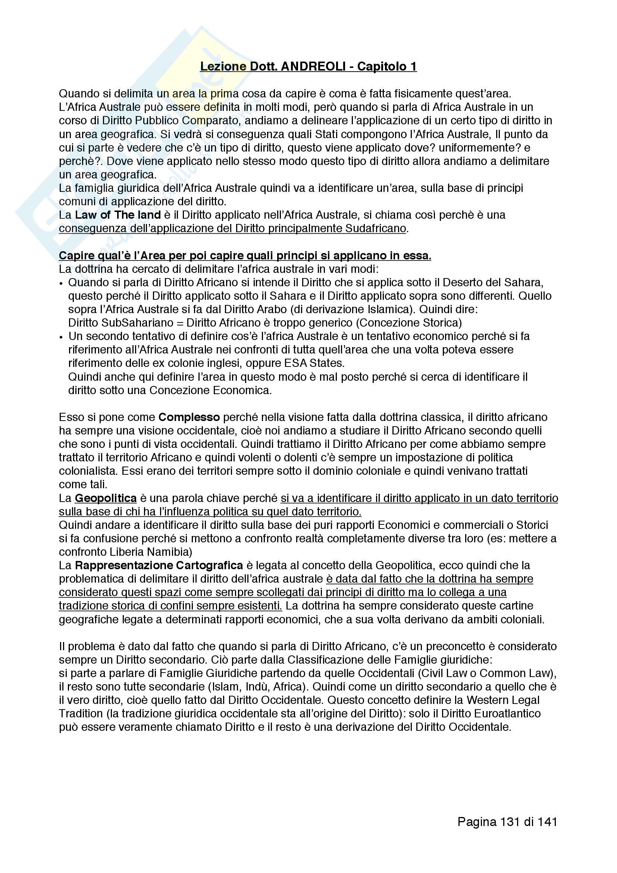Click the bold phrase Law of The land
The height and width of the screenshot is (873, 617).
point(118,215)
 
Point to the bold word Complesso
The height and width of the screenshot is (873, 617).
point(189,418)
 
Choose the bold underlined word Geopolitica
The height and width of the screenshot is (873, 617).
point(106,499)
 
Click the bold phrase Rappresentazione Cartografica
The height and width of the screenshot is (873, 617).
point(159,566)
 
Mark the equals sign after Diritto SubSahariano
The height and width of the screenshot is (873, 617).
point(180,323)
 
